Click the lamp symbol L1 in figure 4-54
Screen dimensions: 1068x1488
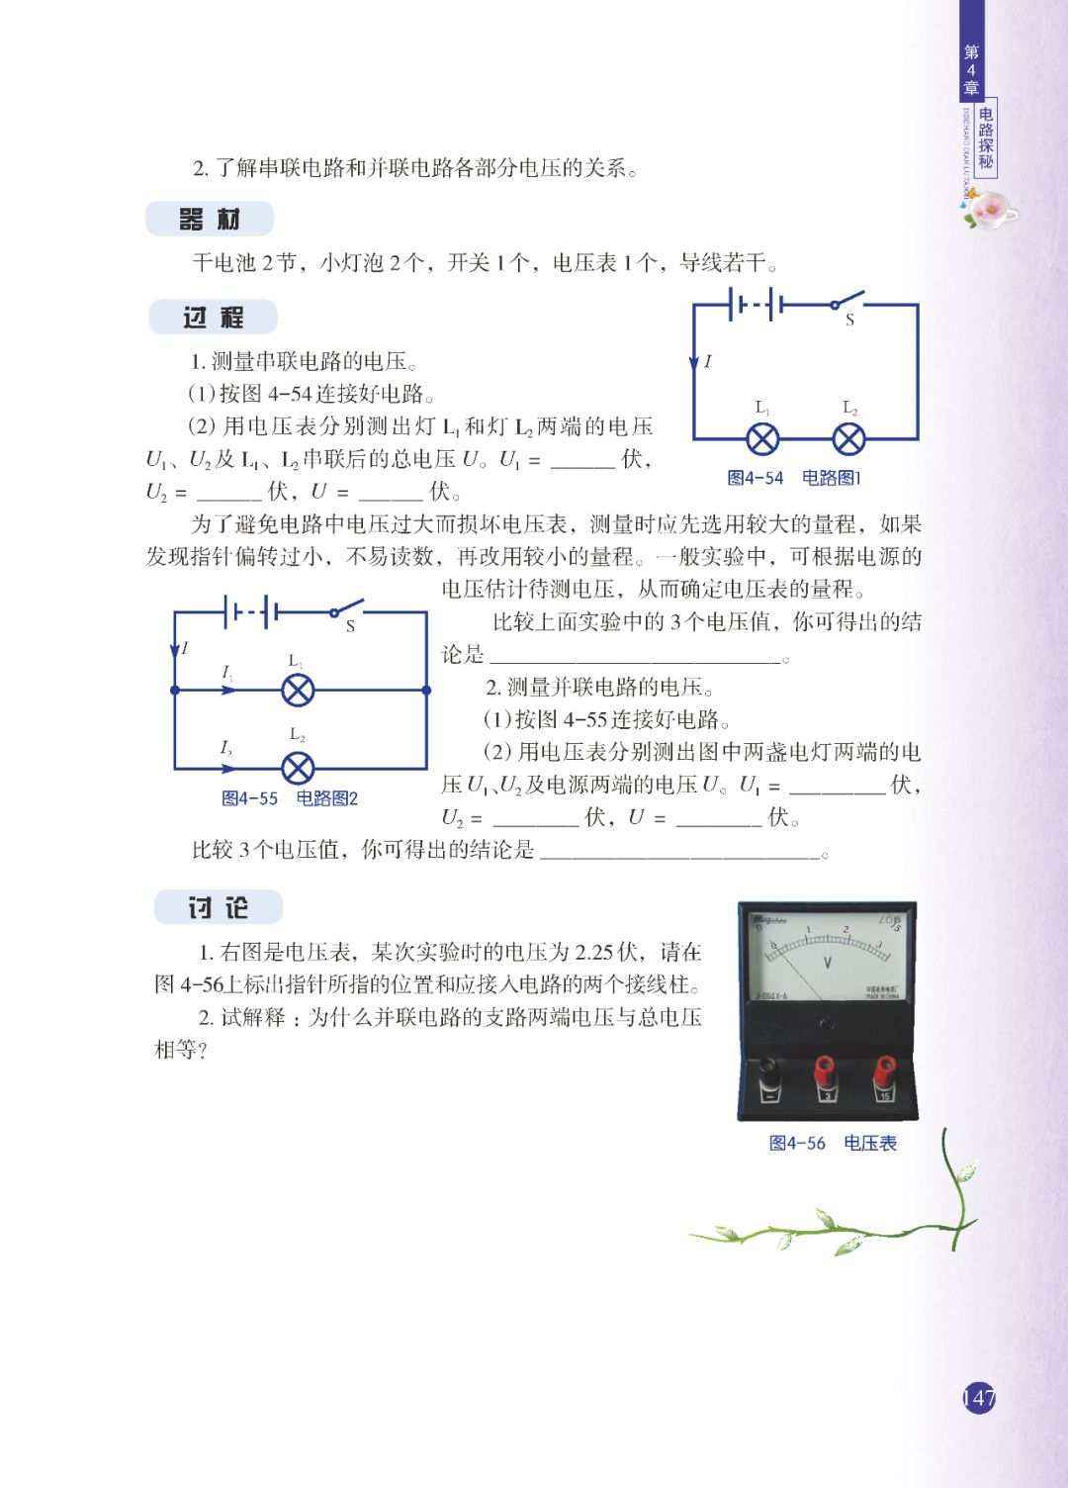pos(762,439)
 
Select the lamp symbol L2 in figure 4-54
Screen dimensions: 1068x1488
pos(848,439)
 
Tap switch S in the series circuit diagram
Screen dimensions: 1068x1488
pos(846,301)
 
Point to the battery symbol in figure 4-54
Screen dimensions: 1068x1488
pos(756,305)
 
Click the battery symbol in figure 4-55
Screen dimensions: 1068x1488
pos(251,612)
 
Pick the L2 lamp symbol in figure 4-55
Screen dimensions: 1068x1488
pos(298,768)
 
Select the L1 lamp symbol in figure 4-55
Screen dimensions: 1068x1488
pos(298,690)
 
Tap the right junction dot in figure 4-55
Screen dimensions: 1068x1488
pos(426,690)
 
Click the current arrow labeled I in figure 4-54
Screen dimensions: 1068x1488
pos(694,363)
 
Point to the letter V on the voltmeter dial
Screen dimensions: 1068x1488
pos(828,962)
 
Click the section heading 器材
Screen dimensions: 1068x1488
pos(210,220)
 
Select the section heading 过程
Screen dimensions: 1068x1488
pos(213,318)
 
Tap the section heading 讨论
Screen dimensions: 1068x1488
pos(218,907)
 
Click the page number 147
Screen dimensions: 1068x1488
pos(978,1398)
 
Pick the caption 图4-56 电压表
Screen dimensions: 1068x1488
pos(833,1144)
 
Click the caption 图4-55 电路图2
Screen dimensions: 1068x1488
pos(290,798)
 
